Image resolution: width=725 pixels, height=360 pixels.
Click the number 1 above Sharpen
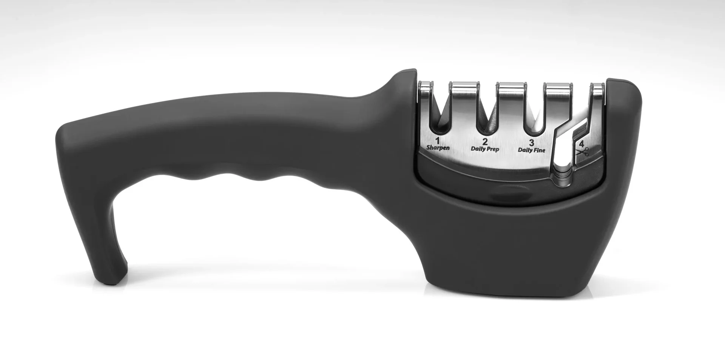pos(438,141)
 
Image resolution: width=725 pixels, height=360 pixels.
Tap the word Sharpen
pos(438,148)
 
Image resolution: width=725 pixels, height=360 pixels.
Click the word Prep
pos(492,149)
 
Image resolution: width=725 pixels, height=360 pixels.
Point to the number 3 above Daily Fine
pos(532,143)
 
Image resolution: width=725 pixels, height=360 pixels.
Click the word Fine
pos(539,150)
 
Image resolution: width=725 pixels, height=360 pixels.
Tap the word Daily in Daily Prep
pos(478,149)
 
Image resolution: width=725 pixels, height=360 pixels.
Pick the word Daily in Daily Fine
pos(525,150)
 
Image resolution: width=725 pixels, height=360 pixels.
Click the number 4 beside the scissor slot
pos(582,144)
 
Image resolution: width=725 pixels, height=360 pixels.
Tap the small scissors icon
pos(583,152)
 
